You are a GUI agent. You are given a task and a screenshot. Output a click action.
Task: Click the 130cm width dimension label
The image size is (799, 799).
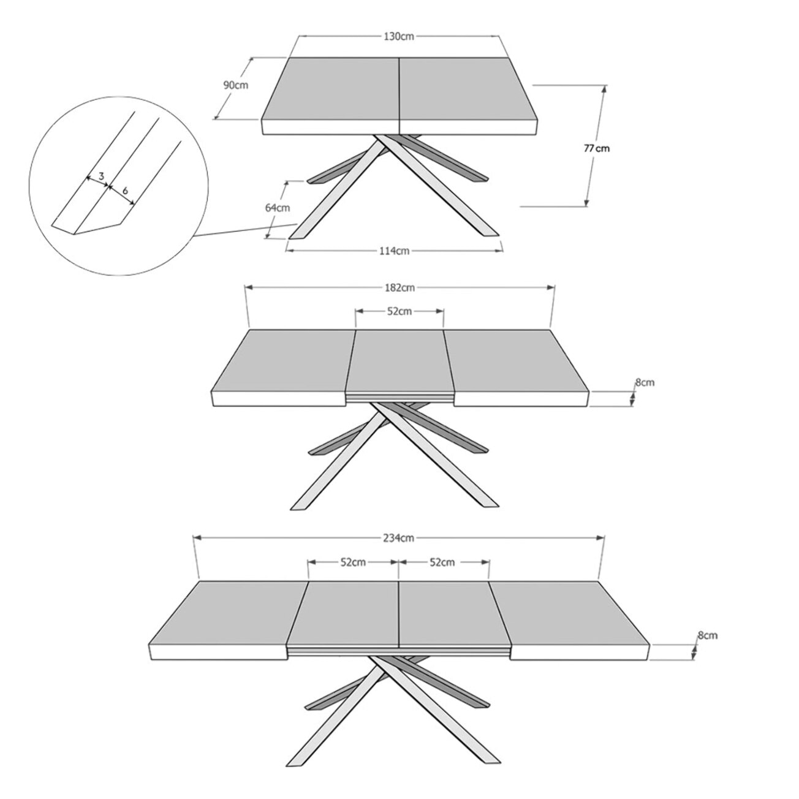point(399,36)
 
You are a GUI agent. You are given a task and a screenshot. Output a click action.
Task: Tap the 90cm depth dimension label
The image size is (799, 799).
point(235,85)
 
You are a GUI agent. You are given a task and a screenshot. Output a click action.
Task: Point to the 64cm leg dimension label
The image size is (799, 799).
point(278,208)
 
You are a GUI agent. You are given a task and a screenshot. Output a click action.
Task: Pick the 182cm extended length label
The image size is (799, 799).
point(399,287)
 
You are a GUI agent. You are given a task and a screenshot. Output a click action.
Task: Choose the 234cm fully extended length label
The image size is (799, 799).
point(399,538)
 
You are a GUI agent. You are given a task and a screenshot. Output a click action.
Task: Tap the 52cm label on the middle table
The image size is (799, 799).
point(399,311)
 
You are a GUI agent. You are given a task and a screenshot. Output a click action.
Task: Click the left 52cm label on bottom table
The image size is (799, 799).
point(353,562)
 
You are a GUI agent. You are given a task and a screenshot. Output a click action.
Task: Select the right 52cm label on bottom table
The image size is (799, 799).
point(442,562)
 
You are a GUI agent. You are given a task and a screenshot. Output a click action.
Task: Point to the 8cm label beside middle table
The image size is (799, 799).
point(644,382)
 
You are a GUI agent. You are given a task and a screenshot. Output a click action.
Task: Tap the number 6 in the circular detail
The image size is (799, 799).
point(126,191)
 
